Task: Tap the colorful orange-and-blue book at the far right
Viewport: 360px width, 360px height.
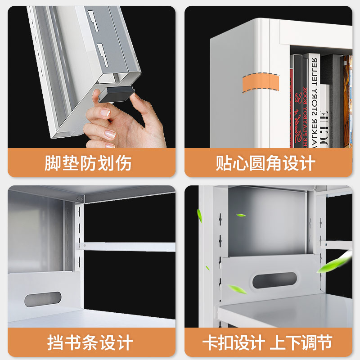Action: (347, 99)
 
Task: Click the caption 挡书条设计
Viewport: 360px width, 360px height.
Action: (90, 342)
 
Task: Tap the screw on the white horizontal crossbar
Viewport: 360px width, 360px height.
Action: (84, 246)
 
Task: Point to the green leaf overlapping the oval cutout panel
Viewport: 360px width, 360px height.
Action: (236, 288)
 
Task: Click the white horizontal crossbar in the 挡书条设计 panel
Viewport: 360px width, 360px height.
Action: (130, 247)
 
